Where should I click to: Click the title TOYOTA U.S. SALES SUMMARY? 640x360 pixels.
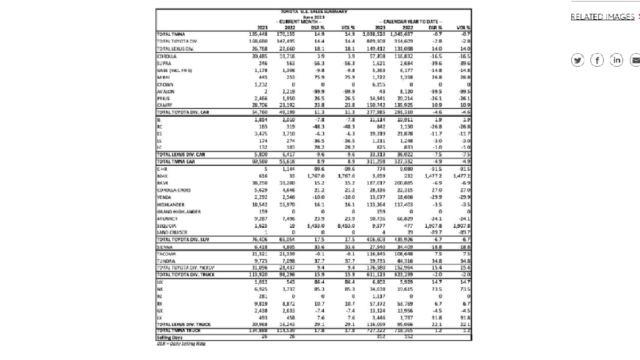(x=313, y=11)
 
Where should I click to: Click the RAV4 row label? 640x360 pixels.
(x=162, y=183)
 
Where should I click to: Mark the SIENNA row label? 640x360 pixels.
(x=164, y=247)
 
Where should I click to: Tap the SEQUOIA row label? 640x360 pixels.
(x=165, y=226)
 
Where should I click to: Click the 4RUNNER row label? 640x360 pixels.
(x=166, y=219)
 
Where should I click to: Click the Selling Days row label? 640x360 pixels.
(x=170, y=338)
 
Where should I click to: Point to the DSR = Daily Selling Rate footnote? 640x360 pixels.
(x=180, y=344)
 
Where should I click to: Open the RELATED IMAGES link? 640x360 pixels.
(x=602, y=17)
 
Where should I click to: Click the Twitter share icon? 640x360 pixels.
(x=577, y=60)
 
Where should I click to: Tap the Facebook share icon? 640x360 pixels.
(x=597, y=60)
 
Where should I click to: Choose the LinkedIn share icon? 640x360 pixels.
(x=617, y=60)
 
